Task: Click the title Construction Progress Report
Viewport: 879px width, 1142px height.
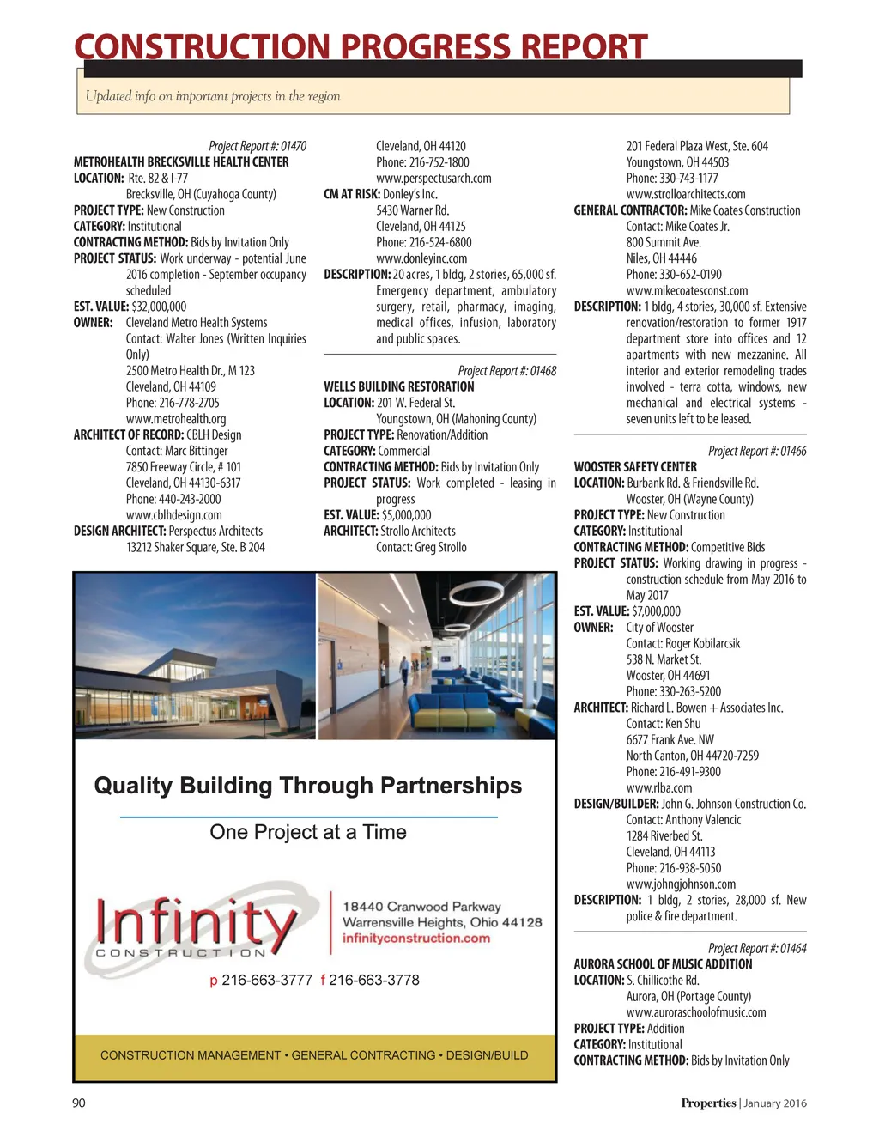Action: [361, 46]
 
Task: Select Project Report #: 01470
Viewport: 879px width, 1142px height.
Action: [258, 146]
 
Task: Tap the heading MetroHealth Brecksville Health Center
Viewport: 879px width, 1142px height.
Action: [181, 162]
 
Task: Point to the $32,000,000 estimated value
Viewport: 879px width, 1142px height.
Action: [159, 307]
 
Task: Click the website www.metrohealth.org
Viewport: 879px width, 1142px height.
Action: [176, 419]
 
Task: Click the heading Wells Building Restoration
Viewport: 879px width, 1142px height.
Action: [398, 387]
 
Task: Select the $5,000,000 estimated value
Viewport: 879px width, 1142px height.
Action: [406, 515]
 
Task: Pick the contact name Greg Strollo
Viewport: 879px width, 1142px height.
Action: [438, 547]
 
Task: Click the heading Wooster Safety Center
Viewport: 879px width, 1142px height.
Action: [635, 467]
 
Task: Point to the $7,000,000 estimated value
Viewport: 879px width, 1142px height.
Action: [656, 611]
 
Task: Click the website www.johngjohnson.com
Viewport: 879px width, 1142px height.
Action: [681, 884]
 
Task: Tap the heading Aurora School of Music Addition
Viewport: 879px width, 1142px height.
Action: [663, 964]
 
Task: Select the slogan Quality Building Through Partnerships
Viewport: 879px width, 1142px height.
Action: [307, 786]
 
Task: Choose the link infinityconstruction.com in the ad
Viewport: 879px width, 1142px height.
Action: [416, 938]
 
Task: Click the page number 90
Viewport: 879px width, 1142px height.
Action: [79, 1103]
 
